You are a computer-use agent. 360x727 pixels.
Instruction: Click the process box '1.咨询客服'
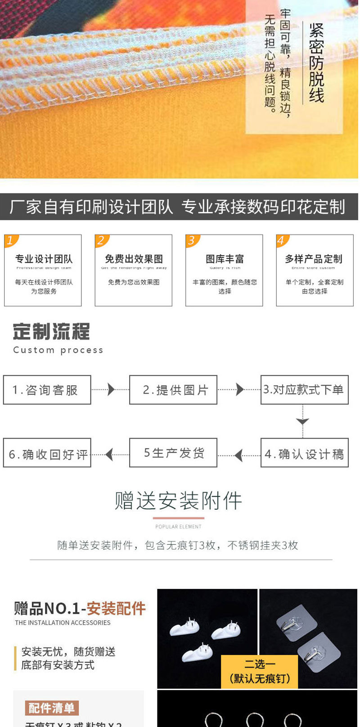47,390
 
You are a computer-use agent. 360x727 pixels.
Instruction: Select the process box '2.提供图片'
173,390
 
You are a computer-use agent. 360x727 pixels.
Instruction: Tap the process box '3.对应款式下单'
304,390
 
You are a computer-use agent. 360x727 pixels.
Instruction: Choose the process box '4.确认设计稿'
304,453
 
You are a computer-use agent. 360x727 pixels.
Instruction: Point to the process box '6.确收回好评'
47,453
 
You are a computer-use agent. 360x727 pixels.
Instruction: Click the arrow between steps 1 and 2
111,390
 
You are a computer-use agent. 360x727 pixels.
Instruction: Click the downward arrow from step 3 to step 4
302,422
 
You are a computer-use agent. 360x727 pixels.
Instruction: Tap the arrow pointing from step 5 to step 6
109,454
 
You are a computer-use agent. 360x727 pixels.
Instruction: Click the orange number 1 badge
11,241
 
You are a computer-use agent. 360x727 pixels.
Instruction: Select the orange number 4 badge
282,241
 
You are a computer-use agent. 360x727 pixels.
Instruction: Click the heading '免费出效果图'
134,259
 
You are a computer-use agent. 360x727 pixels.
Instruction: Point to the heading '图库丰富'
225,259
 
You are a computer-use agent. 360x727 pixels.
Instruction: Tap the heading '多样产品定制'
314,259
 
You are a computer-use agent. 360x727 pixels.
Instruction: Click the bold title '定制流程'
51,332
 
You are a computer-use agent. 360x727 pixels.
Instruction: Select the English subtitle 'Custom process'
58,350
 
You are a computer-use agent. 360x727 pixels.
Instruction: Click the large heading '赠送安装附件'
178,501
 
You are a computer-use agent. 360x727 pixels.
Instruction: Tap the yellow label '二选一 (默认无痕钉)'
260,671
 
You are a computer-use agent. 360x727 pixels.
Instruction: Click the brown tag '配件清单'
52,708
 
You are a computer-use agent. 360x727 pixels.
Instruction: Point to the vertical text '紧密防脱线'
316,63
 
